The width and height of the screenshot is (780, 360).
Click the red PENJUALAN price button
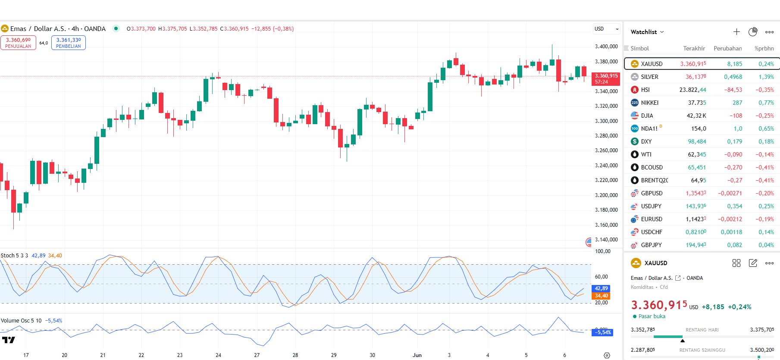tap(18, 43)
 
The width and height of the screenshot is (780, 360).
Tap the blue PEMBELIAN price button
tap(69, 43)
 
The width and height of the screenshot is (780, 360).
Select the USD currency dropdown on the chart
tap(606, 29)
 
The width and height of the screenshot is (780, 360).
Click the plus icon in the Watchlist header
tap(736, 32)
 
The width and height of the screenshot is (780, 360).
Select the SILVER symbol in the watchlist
tap(649, 77)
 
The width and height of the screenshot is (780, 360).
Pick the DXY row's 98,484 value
tap(697, 141)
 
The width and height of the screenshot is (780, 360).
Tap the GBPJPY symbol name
tap(651, 245)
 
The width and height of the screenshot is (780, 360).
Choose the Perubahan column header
tap(727, 48)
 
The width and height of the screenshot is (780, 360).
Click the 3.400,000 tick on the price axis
tap(606, 47)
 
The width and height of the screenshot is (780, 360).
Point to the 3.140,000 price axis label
tap(606, 240)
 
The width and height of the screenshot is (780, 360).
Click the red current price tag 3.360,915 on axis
tap(606, 78)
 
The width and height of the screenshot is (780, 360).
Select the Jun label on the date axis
tap(417, 355)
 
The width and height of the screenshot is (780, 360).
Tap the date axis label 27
tap(257, 355)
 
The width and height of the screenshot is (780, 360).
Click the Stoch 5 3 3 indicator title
tap(14, 256)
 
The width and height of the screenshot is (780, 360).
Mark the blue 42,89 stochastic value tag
tap(601, 288)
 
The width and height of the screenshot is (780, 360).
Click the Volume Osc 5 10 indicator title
tap(21, 321)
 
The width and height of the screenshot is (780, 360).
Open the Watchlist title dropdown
tap(647, 32)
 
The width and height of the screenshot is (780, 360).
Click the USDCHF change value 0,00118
tap(731, 232)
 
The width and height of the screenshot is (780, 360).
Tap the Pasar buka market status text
tap(652, 316)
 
